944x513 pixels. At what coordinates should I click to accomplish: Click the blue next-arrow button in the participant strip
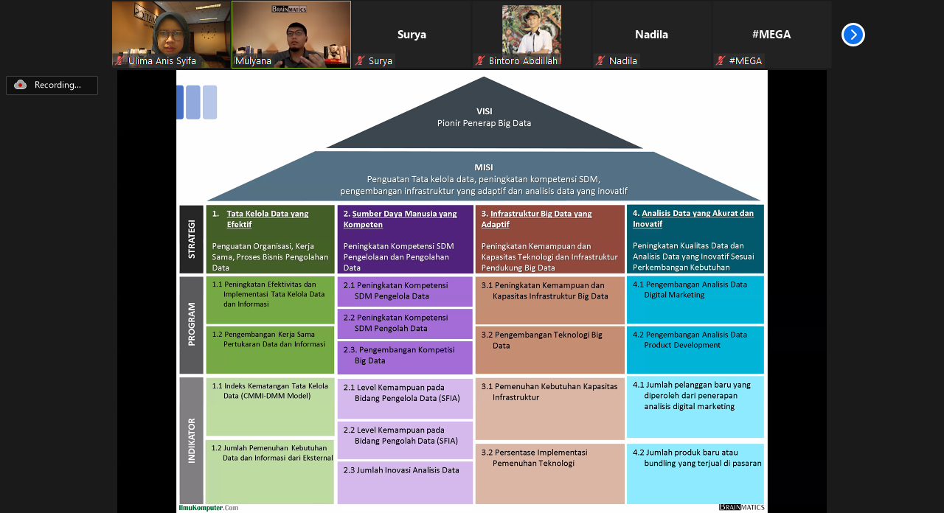pos(853,35)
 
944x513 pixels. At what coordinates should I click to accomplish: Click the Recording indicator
pos(52,85)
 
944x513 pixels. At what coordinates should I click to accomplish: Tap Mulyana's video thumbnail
pos(291,34)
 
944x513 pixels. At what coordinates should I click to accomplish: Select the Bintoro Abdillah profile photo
pos(531,31)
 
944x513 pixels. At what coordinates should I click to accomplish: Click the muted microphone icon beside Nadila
pos(601,61)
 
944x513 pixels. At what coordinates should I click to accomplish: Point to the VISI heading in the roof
pos(484,111)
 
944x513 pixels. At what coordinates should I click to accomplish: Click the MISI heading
pos(484,167)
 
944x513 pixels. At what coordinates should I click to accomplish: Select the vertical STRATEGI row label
pos(192,240)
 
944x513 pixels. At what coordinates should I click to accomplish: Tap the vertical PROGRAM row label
pos(192,325)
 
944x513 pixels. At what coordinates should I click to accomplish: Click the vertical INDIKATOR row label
pos(192,441)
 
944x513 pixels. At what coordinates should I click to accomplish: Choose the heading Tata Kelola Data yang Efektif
pos(268,219)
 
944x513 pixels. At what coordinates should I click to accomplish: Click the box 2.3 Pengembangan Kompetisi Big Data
pos(405,357)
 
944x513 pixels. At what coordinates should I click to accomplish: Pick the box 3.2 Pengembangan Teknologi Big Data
pos(549,350)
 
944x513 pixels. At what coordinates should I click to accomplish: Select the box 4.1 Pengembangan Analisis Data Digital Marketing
pos(695,299)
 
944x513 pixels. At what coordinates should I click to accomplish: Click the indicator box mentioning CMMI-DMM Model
pos(270,406)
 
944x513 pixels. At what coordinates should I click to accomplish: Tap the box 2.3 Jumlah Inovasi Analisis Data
pos(405,482)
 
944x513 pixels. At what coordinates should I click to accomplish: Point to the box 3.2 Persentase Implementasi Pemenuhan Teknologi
pos(549,473)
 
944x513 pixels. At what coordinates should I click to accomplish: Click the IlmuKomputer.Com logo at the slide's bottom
pos(209,508)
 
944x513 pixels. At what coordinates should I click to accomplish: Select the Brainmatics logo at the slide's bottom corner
pos(742,508)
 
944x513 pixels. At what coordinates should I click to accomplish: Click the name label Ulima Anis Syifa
pos(162,61)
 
